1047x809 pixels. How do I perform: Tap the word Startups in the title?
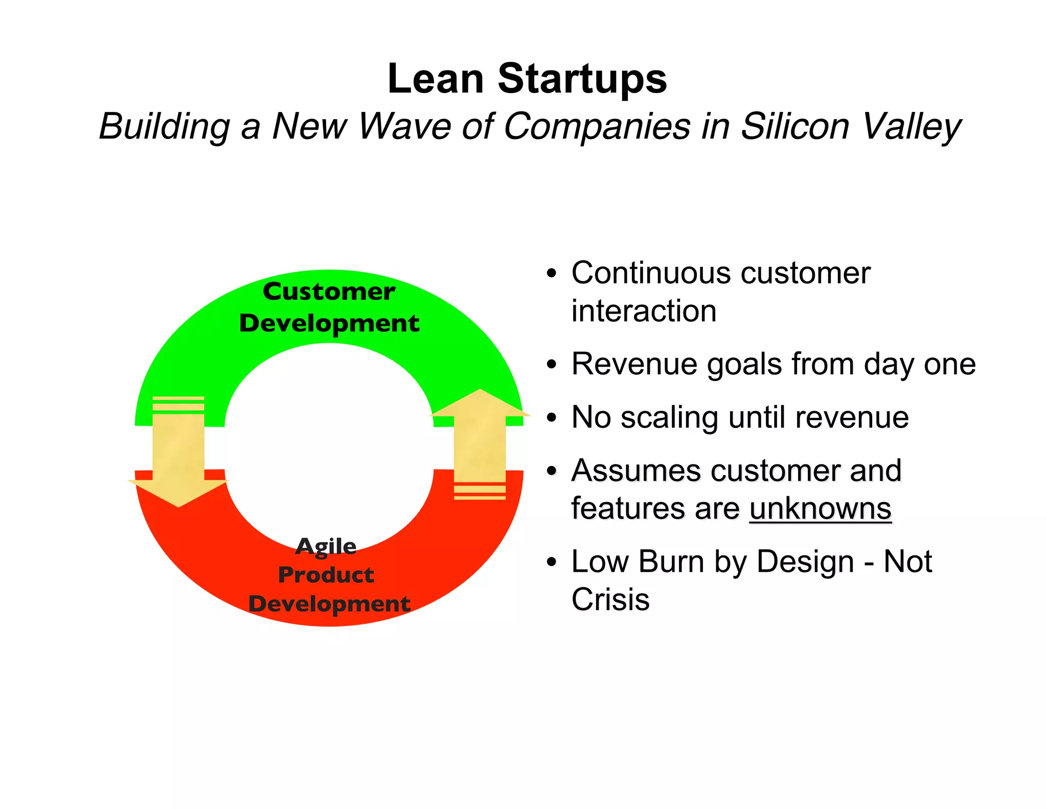(582, 80)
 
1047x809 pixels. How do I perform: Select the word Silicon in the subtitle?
(795, 126)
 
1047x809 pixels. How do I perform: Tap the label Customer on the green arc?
(329, 291)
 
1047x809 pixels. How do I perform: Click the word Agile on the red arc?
(326, 546)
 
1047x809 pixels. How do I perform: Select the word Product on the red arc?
(326, 575)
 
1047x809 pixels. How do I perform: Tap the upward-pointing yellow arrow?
(480, 440)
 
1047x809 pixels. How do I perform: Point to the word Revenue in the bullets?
(634, 364)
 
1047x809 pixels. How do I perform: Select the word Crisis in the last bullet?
(610, 599)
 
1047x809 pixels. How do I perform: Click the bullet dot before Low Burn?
(551, 563)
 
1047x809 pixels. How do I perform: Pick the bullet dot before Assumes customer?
(551, 471)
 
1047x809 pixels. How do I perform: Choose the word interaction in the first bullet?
(644, 311)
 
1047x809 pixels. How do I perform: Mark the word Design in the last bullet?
(805, 561)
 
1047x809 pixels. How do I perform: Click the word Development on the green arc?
(329, 323)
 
